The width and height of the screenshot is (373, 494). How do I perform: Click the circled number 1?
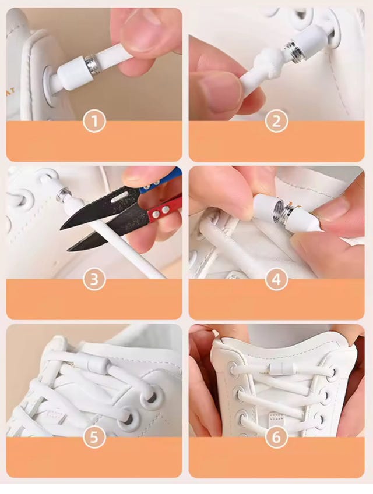(94, 122)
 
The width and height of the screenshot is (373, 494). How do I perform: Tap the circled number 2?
(276, 122)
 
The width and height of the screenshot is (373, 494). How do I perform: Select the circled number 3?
(94, 280)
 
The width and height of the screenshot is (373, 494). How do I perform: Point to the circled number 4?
(276, 280)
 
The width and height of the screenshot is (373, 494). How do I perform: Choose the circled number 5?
(94, 438)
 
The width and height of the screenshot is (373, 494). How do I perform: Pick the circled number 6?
(276, 438)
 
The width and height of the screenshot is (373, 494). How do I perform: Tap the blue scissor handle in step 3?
(161, 182)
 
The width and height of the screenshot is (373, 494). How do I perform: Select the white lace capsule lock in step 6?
(281, 368)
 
